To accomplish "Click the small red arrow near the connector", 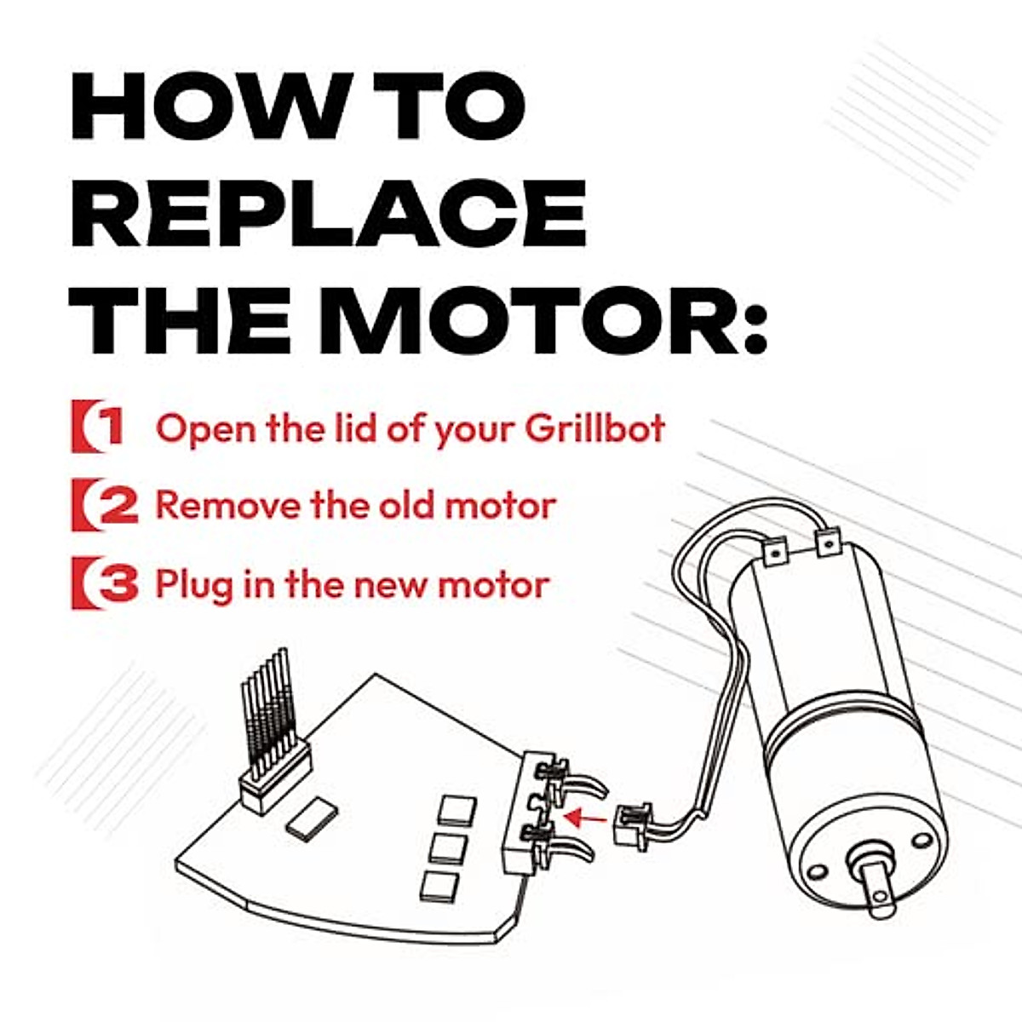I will coord(586,818).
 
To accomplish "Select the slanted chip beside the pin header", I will coord(311,818).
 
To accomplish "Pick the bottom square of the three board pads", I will coord(441,886).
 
